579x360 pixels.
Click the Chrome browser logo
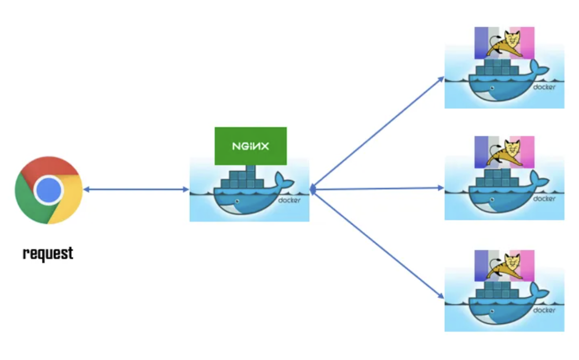(49, 190)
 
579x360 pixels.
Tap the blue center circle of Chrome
(49, 190)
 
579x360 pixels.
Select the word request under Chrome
(48, 253)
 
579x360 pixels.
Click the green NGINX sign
(250, 146)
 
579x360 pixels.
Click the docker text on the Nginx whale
(289, 200)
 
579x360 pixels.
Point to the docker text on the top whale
(544, 87)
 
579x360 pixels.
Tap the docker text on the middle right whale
(544, 198)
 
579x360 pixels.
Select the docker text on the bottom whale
(544, 310)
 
